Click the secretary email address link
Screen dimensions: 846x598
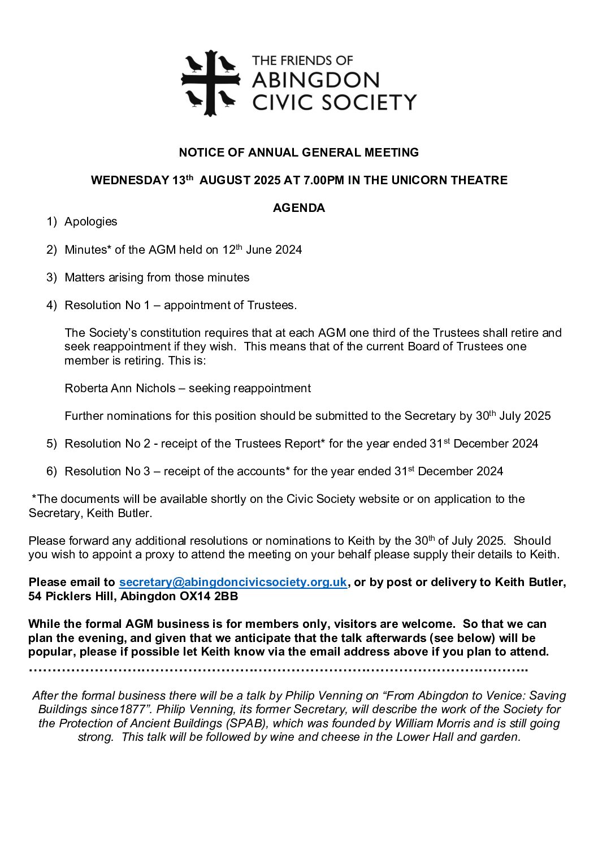(233, 582)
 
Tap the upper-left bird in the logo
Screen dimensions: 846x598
(194, 64)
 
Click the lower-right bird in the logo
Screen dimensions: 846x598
(227, 98)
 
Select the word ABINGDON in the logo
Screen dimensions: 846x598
(315, 80)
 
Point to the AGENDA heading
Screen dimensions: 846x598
(299, 208)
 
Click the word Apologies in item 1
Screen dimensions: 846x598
(91, 222)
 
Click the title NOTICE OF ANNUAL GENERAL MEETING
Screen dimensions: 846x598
(299, 153)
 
